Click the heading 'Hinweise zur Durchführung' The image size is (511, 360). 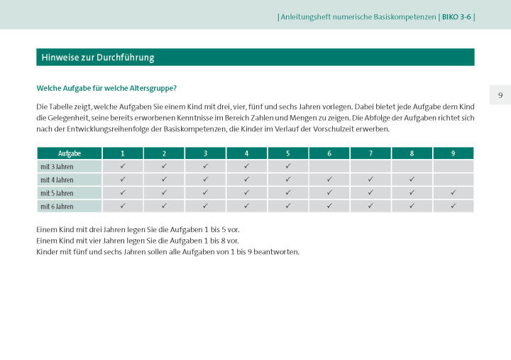pyautogui.click(x=98, y=58)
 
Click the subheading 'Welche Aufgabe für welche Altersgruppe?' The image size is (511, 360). pyautogui.click(x=106, y=88)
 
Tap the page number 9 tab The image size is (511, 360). pyautogui.click(x=500, y=95)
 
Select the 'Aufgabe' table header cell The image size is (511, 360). pyautogui.click(x=70, y=153)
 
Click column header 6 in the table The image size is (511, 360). pyautogui.click(x=329, y=153)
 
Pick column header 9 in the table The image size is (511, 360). pyautogui.click(x=453, y=153)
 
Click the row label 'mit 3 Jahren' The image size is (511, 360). pyautogui.click(x=57, y=167)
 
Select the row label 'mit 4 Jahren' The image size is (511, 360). pyautogui.click(x=57, y=180)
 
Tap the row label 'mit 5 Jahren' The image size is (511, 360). pyautogui.click(x=57, y=193)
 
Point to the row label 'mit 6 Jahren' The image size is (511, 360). pyautogui.click(x=57, y=207)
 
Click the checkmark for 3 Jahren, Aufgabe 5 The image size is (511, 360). pyautogui.click(x=288, y=167)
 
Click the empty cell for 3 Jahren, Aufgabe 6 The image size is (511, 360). pyautogui.click(x=329, y=167)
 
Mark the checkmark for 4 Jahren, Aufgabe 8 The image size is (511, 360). pyautogui.click(x=412, y=180)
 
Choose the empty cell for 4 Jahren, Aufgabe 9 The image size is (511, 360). pyautogui.click(x=453, y=180)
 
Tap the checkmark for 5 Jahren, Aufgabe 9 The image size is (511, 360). pyautogui.click(x=453, y=193)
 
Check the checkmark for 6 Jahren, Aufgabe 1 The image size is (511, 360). pyautogui.click(x=123, y=207)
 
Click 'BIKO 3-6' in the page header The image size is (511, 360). pyautogui.click(x=456, y=16)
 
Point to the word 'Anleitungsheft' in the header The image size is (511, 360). pyautogui.click(x=304, y=16)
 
